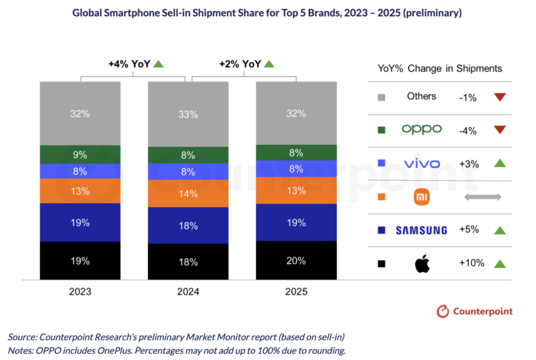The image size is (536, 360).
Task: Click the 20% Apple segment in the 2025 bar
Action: coord(297,260)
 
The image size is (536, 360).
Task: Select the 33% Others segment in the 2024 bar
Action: coord(188,114)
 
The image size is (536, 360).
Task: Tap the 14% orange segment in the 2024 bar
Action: coord(188,194)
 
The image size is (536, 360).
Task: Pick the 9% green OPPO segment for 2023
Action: coord(80,154)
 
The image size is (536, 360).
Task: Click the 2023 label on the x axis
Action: coord(80,292)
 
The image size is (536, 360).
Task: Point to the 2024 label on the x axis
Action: coord(188,292)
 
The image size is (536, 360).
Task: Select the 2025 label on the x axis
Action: coord(297,292)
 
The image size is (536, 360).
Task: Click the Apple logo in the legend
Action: coord(422,264)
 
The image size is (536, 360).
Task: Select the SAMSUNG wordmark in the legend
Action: coord(422,230)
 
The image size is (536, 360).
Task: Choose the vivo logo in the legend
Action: coord(422,164)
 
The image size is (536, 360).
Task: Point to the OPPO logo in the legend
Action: coord(422,130)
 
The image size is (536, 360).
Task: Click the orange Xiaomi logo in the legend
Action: coord(422,197)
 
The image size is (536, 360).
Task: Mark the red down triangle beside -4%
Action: coord(498,130)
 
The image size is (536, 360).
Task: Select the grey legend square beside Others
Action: coord(381,97)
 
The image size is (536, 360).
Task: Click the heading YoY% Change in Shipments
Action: coord(440,68)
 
